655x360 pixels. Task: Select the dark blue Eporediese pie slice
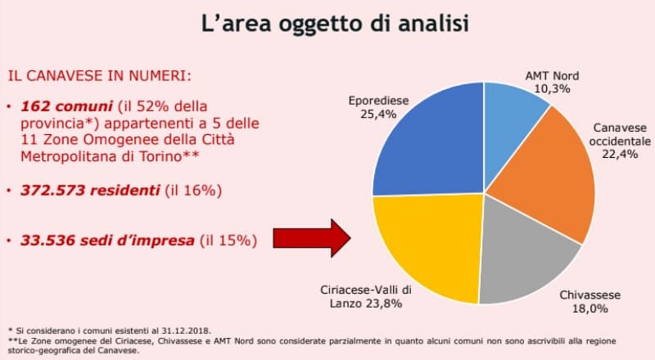coord(430,139)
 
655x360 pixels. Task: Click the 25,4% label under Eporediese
coord(377,115)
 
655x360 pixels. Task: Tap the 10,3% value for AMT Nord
coord(553,88)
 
